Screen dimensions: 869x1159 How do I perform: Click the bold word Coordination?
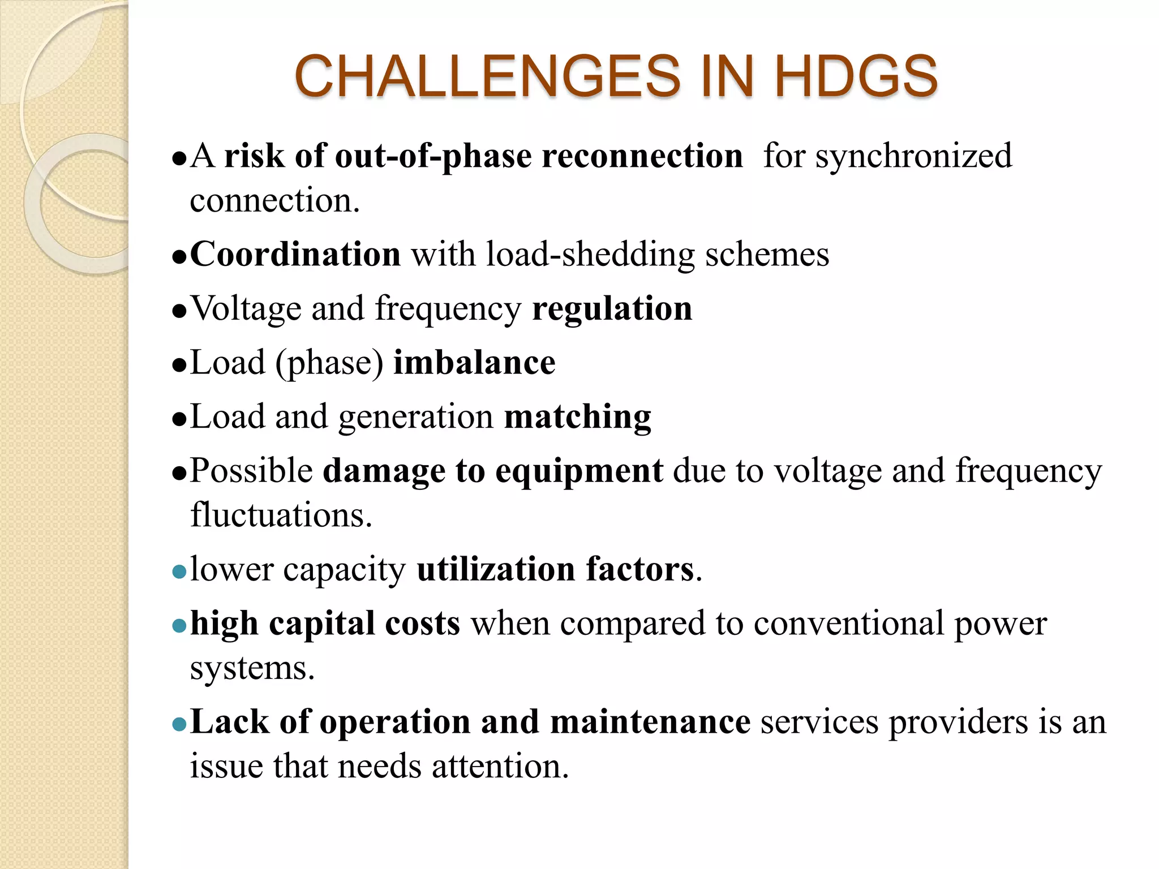(295, 254)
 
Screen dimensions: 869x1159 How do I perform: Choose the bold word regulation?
(612, 309)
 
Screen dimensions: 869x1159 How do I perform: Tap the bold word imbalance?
(474, 363)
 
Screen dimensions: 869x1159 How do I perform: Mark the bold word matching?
(577, 418)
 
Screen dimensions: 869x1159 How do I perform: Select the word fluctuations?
(281, 515)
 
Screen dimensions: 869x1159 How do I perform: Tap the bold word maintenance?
(650, 722)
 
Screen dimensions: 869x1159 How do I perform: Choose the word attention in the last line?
(500, 767)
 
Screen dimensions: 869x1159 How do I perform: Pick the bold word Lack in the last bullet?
(230, 722)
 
